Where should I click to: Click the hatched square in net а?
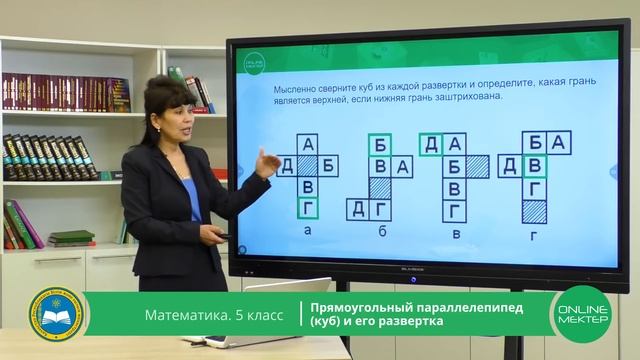(307, 165)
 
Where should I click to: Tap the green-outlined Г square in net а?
(307, 208)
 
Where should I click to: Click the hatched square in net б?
(379, 187)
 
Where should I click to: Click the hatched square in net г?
(535, 210)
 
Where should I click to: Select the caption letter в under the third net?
(456, 234)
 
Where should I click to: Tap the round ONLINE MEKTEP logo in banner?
(581, 314)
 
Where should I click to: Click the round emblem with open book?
(57, 314)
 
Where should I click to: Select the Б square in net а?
(329, 165)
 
